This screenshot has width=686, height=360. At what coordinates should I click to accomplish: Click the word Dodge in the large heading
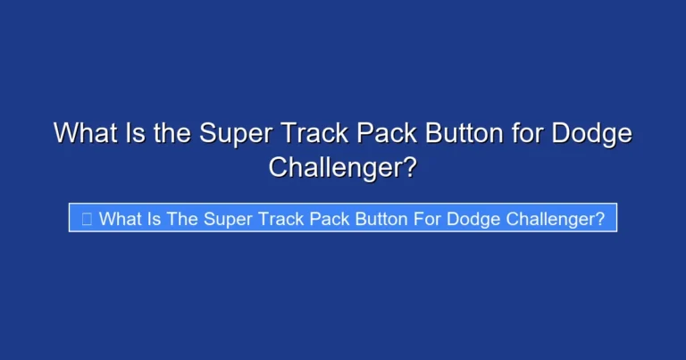591,134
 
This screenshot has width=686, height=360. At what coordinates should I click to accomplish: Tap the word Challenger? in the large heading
343,166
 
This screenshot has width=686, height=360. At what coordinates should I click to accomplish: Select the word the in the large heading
172,134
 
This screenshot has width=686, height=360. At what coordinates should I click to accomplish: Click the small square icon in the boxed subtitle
87,219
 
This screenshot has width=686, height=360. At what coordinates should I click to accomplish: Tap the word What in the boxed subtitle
120,219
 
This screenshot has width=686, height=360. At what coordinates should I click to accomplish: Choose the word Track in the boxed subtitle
280,219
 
